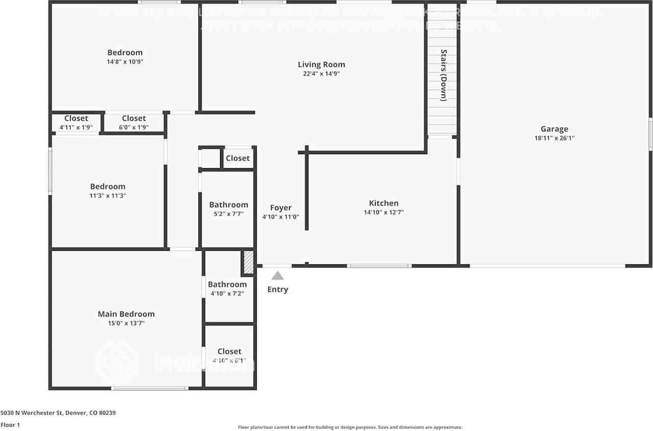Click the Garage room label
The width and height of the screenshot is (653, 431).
click(x=554, y=129)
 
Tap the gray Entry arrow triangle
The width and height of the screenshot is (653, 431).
click(x=278, y=276)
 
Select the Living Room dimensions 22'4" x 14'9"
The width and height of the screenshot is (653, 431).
click(x=321, y=74)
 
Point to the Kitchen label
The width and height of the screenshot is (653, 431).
click(x=384, y=203)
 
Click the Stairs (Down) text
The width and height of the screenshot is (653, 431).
click(x=443, y=75)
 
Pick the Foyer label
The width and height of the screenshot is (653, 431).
click(x=281, y=207)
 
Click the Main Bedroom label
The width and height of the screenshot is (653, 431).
click(x=126, y=314)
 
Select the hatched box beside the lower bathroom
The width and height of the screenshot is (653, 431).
click(x=248, y=262)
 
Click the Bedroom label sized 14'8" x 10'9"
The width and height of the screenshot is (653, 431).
click(x=124, y=52)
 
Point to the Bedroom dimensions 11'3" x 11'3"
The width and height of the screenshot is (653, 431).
click(x=108, y=196)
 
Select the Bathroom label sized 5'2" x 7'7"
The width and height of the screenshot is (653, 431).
click(x=229, y=205)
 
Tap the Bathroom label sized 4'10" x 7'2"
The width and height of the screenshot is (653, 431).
click(x=227, y=284)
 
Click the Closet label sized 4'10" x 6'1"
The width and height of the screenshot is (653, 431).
click(x=229, y=351)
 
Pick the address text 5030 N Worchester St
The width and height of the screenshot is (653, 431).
click(x=58, y=413)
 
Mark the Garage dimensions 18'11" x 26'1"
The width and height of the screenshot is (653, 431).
click(x=554, y=138)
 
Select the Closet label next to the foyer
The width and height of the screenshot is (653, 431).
click(x=238, y=158)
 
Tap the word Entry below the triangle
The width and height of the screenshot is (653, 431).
click(x=278, y=290)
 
